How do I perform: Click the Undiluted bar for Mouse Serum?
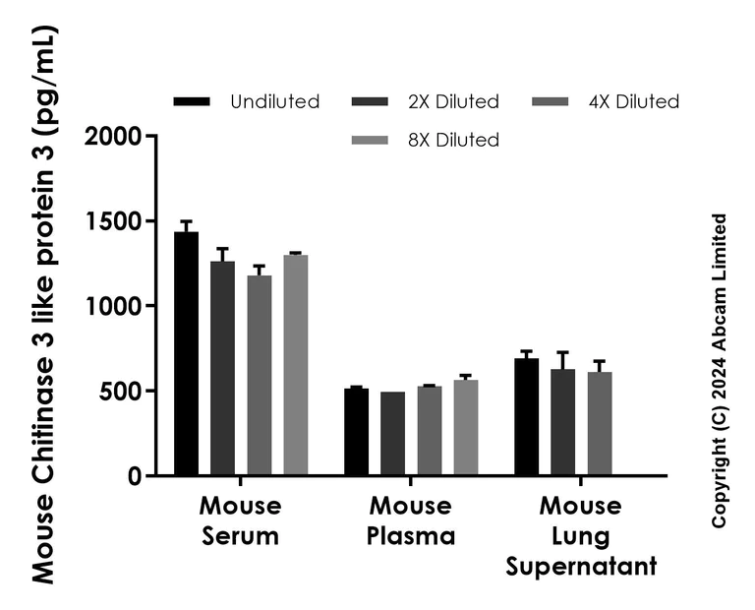186,354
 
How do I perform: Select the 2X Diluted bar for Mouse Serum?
222,369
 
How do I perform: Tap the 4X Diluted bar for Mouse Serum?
259,376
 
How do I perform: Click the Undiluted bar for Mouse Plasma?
356,433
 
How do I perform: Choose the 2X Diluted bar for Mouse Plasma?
392,434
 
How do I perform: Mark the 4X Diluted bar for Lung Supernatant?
599,424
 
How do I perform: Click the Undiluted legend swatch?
192,101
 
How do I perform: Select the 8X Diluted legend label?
455,140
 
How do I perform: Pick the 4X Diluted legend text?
635,101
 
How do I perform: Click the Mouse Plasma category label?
411,521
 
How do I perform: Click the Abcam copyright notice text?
721,370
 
